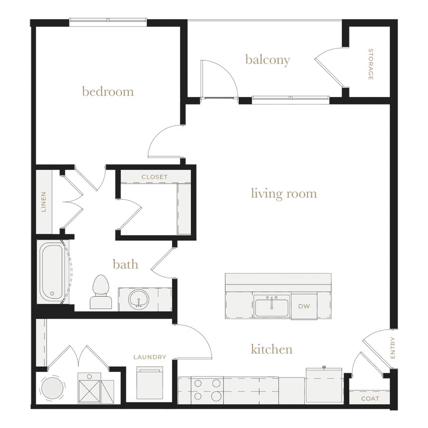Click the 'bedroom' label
108,91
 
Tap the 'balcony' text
267,60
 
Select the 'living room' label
284,194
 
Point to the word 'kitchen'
272,349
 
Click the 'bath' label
126,264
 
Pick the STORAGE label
370,64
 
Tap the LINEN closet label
44,202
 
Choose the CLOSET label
155,177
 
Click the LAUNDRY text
150,357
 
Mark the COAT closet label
370,399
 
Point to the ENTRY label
393,348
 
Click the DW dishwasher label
304,306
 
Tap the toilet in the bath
101,292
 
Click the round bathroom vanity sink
139,299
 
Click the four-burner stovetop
207,390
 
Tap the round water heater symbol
52,387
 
